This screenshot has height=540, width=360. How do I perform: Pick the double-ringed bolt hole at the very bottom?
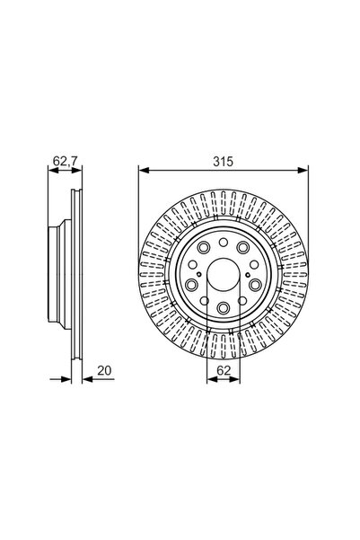point(223,308)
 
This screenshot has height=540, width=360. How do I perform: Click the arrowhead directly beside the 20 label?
point(86,377)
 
